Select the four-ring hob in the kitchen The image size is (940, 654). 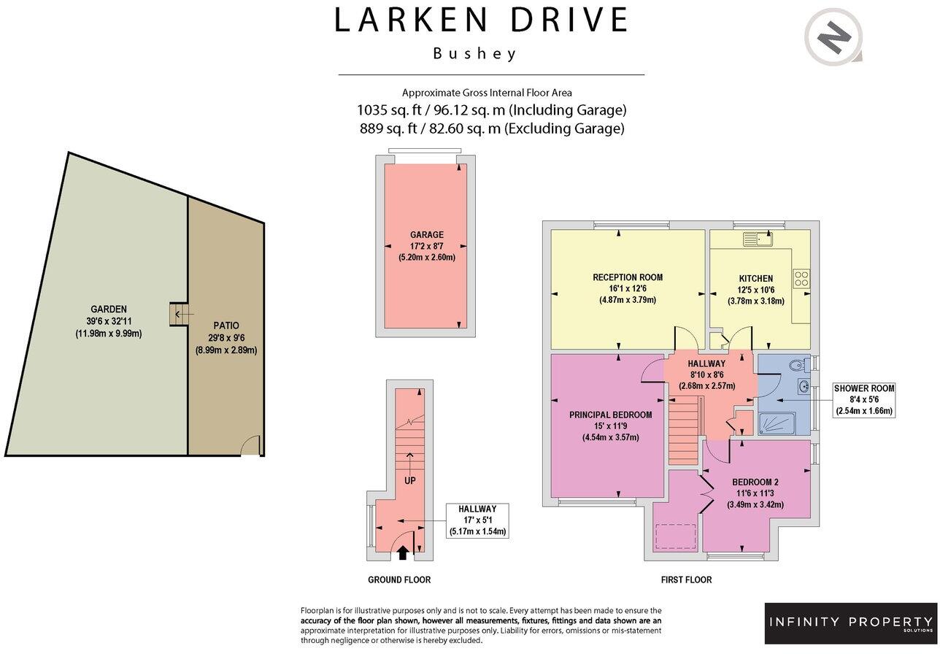(801, 278)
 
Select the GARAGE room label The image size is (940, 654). (427, 235)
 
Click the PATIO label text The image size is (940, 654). (226, 326)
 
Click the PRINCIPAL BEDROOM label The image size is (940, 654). (610, 415)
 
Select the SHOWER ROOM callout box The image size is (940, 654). (864, 399)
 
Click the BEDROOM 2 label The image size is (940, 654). (755, 482)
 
